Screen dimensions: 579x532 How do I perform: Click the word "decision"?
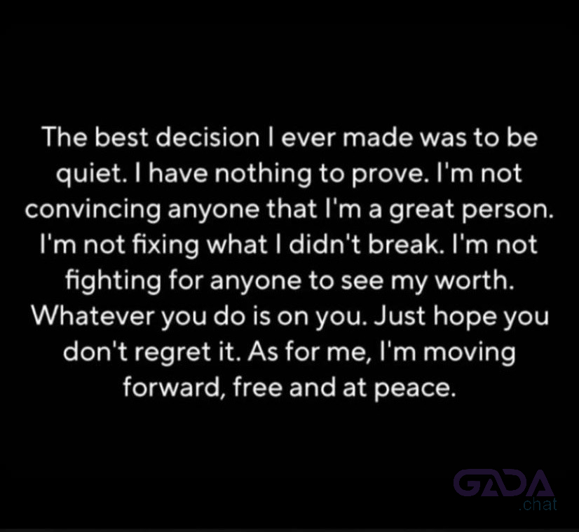[x=207, y=137]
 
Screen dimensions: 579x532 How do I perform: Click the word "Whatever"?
[x=93, y=316]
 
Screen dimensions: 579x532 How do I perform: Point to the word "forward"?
[x=171, y=388]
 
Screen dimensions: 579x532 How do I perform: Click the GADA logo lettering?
[x=504, y=483]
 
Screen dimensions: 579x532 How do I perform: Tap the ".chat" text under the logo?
[x=538, y=505]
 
